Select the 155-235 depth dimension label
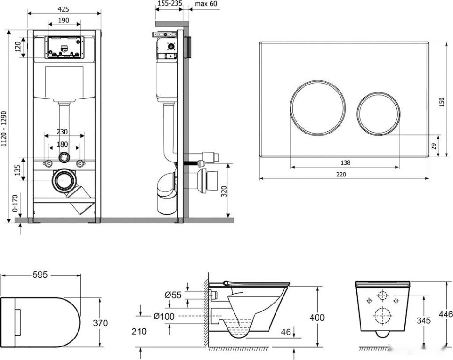pyautogui.click(x=170, y=4)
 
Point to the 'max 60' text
pyautogui.click(x=206, y=4)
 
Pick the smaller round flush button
pyautogui.click(x=379, y=113)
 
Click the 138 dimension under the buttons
pyautogui.click(x=345, y=162)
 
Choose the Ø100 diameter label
pyautogui.click(x=163, y=317)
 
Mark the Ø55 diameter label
pyautogui.click(x=173, y=295)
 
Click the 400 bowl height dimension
pyautogui.click(x=318, y=318)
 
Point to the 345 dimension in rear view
pyautogui.click(x=423, y=321)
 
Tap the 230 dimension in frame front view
pyautogui.click(x=64, y=132)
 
